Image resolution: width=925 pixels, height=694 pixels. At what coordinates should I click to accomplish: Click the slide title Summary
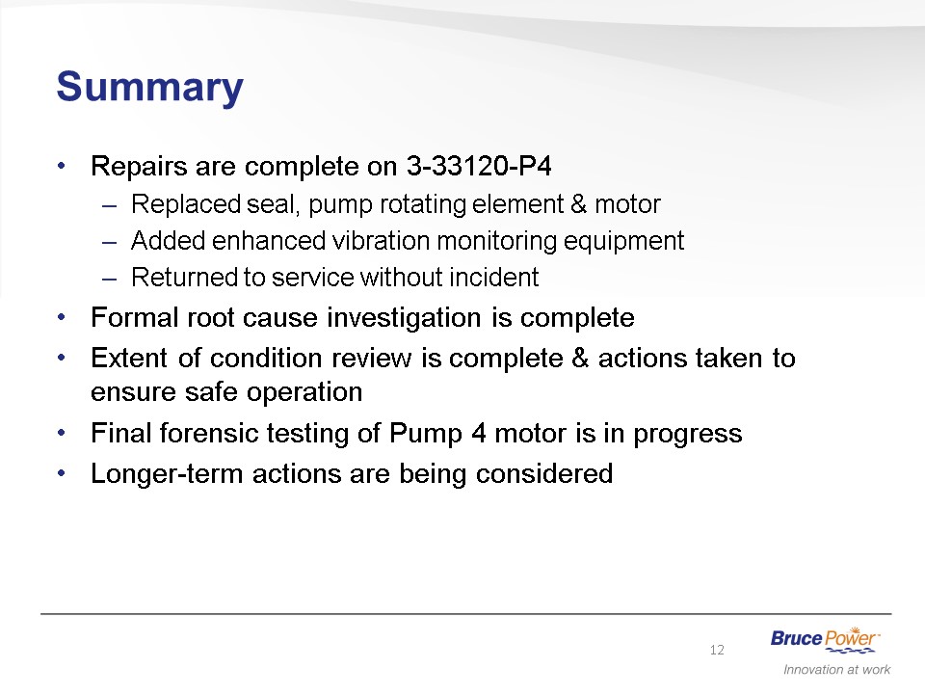[150, 88]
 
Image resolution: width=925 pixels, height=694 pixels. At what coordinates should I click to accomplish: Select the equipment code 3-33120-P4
[479, 166]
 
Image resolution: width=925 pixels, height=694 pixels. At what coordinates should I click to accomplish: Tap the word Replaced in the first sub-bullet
[186, 204]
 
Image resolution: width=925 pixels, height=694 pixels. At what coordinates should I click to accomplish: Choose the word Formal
[135, 317]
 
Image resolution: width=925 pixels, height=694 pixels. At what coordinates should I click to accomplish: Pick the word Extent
[129, 359]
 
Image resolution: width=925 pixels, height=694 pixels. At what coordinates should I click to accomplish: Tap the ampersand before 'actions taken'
[580, 359]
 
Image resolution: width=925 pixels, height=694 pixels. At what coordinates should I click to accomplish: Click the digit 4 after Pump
[479, 433]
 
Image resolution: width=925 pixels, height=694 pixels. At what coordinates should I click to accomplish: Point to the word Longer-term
[167, 474]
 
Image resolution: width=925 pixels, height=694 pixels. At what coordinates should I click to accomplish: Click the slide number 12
[717, 650]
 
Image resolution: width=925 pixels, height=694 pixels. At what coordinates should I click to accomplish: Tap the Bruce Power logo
[826, 640]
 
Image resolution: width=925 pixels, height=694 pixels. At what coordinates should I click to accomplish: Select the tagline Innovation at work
[836, 669]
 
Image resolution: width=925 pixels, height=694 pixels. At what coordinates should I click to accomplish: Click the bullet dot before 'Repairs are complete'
[62, 166]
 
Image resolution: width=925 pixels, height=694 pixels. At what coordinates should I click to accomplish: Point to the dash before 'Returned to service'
[109, 279]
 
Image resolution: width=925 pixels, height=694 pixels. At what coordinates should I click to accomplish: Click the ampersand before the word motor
[579, 204]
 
